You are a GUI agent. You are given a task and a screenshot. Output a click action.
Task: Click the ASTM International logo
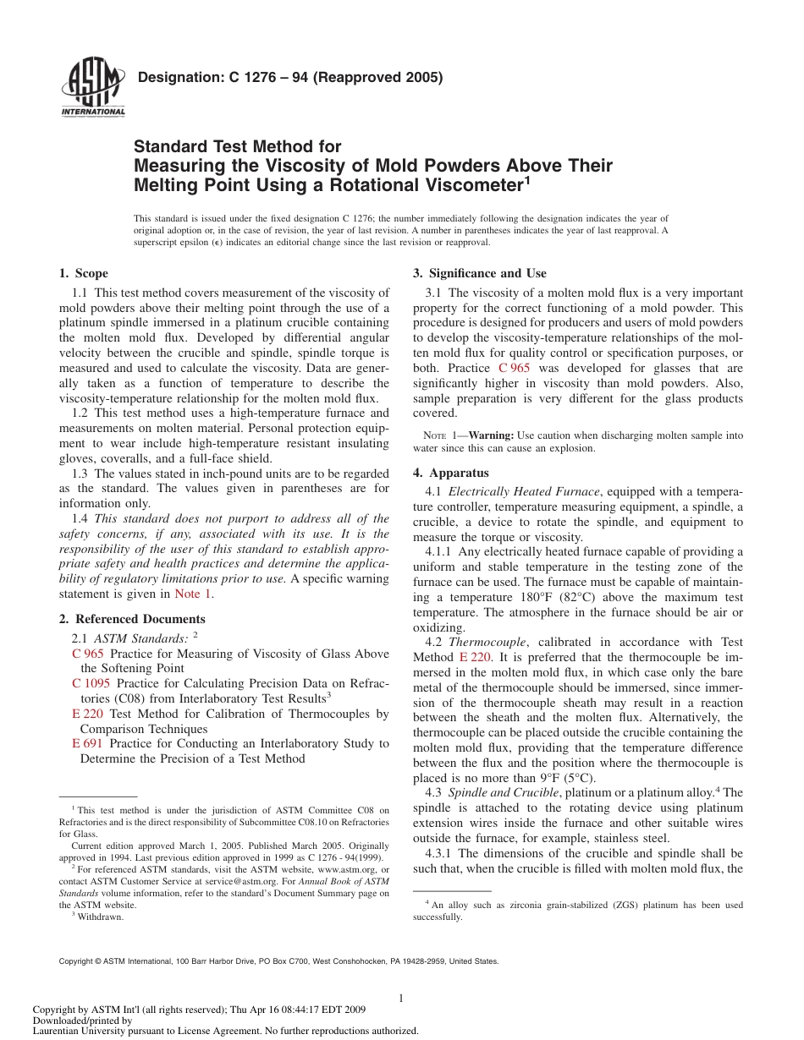(x=93, y=90)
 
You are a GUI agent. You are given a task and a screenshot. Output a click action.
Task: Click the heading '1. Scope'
(x=83, y=273)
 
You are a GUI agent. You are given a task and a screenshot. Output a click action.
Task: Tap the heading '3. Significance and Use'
(x=479, y=273)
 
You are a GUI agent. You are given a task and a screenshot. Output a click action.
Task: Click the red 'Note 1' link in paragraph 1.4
(x=194, y=594)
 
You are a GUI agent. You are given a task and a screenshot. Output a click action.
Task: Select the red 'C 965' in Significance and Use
(x=515, y=368)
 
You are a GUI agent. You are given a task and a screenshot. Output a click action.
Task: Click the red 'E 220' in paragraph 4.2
(x=476, y=657)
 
